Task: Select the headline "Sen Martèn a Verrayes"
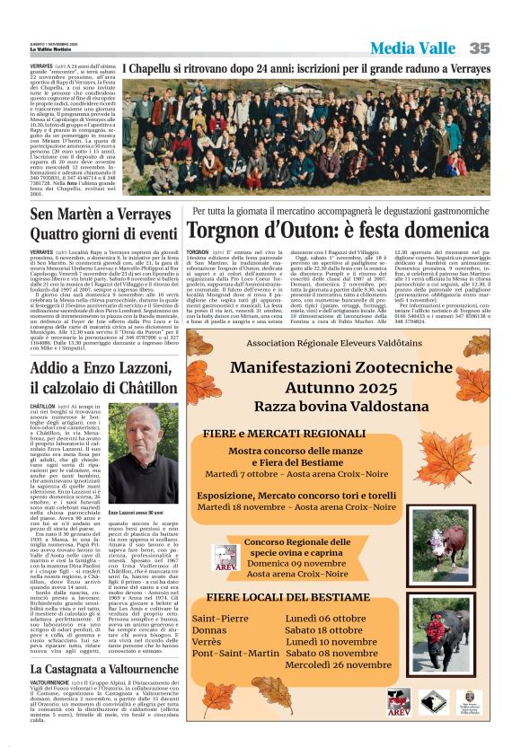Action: pyautogui.click(x=100, y=215)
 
